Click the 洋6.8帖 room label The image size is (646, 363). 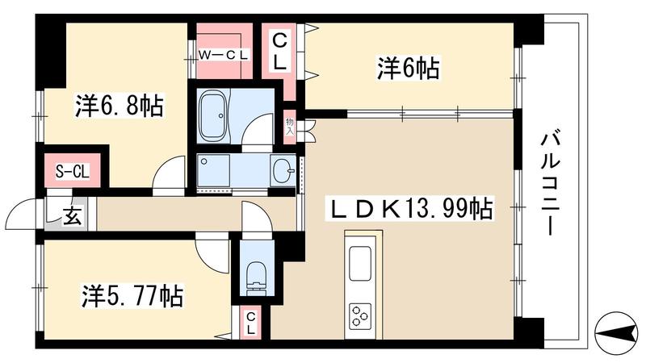click(x=120, y=106)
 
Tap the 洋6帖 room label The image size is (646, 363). click(x=408, y=68)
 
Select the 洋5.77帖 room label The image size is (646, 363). click(x=132, y=295)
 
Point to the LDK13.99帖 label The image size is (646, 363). click(x=409, y=209)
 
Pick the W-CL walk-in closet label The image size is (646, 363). click(x=224, y=55)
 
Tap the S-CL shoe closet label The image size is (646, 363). click(x=73, y=171)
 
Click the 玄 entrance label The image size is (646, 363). click(x=72, y=217)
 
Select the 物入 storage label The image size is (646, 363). click(x=290, y=127)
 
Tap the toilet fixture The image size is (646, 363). click(x=257, y=277)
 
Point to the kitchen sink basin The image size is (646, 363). click(x=359, y=264)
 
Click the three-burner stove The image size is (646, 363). click(x=360, y=315)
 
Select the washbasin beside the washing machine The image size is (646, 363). click(x=283, y=169)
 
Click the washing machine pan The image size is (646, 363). click(x=213, y=170)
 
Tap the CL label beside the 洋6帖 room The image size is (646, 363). click(x=279, y=52)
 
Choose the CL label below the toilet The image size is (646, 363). click(x=251, y=323)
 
